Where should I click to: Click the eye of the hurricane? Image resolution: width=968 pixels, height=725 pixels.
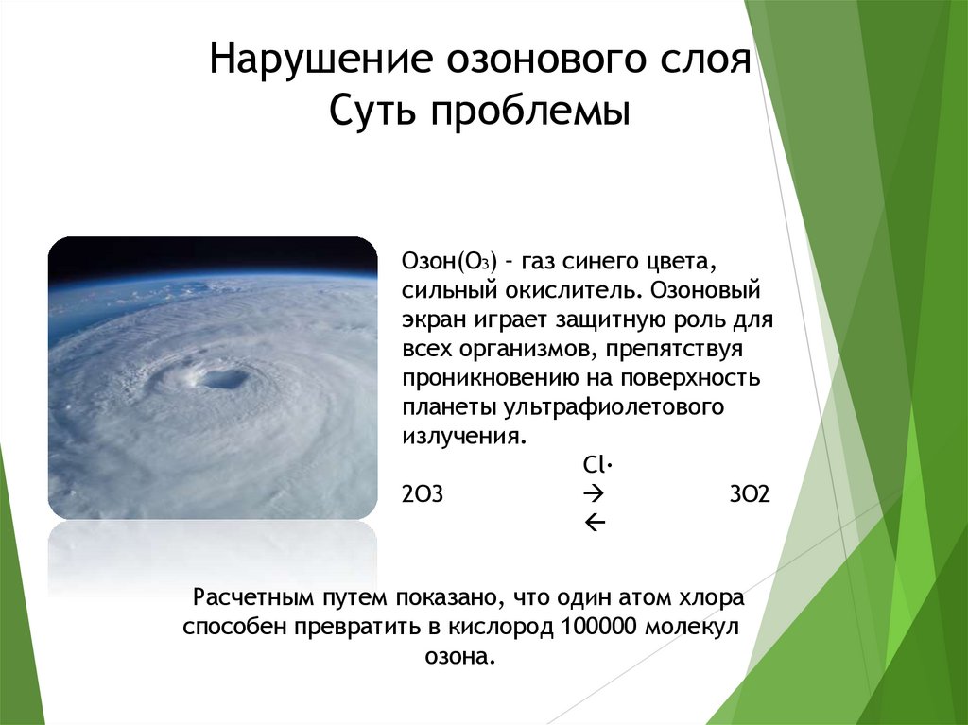tap(223, 379)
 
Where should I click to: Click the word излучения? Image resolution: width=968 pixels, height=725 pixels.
tap(461, 439)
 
